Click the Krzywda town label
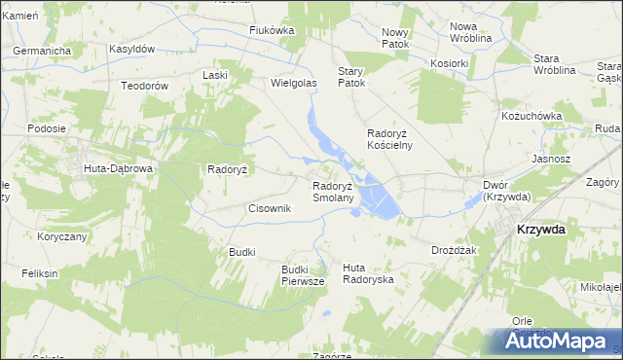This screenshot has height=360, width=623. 539,229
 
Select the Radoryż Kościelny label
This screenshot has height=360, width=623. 389,139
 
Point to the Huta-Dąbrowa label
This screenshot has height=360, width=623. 119,168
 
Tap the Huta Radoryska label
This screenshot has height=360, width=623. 368,272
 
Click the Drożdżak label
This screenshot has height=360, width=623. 453,250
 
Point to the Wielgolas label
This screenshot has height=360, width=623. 294,84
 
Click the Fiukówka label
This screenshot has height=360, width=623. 272,30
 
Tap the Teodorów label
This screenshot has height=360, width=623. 145,86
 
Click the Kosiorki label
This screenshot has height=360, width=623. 450,61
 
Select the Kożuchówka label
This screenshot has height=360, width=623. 531,116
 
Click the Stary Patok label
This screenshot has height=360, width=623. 350,77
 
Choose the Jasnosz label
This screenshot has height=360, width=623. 551,158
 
